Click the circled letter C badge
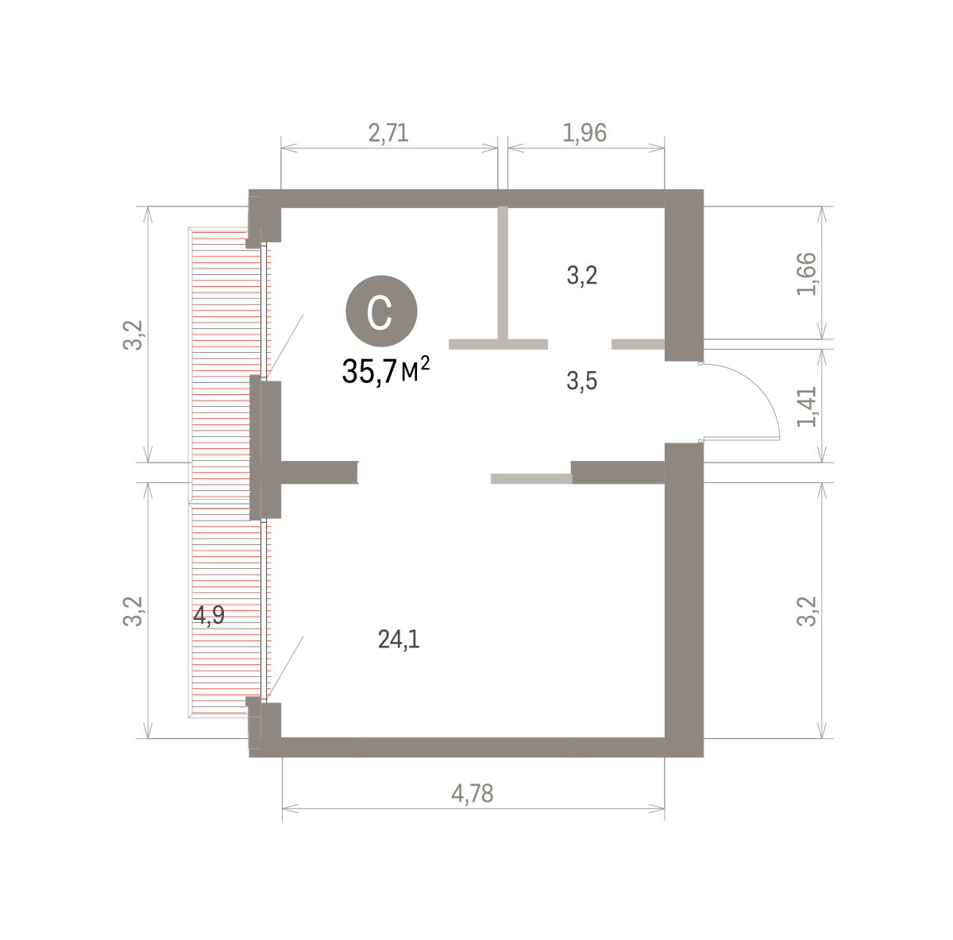click(381, 311)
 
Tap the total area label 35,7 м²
click(386, 371)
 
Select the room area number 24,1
click(399, 640)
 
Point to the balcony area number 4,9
click(209, 616)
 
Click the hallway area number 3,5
click(582, 381)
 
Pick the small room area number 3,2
click(582, 275)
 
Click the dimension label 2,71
click(388, 133)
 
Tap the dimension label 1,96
click(585, 133)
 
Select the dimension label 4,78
click(473, 794)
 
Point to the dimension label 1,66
click(806, 273)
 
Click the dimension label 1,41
click(806, 406)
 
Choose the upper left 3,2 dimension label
click(133, 335)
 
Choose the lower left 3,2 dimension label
click(133, 611)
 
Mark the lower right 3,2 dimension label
click(806, 611)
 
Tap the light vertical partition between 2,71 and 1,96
click(503, 273)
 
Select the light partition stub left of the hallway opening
click(498, 344)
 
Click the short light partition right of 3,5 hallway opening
click(638, 344)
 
